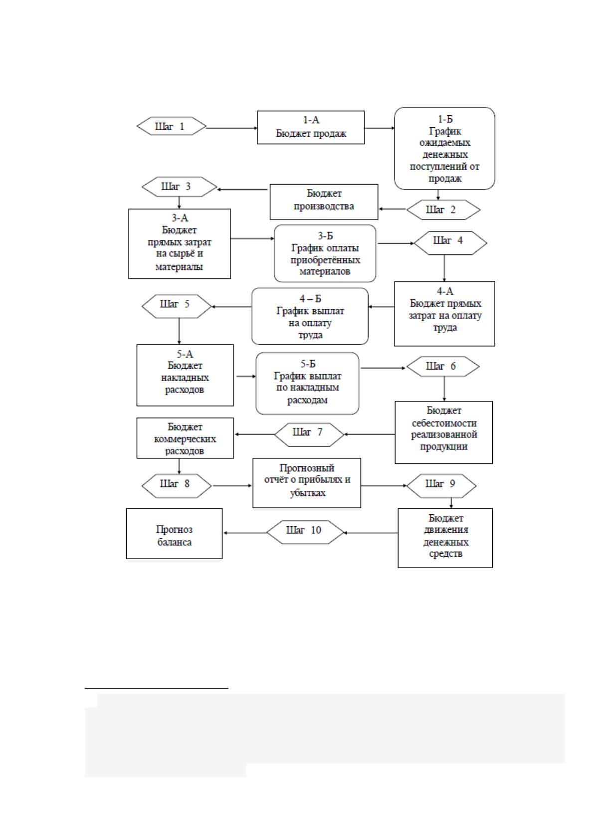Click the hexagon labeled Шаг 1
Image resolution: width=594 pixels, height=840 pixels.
[172, 126]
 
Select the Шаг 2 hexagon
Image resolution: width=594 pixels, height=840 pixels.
[443, 210]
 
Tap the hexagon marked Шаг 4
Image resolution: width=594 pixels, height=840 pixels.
[450, 243]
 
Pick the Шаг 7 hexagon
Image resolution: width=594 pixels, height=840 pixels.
[309, 434]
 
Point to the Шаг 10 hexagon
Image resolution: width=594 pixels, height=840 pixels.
[305, 532]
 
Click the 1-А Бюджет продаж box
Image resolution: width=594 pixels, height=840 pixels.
[311, 127]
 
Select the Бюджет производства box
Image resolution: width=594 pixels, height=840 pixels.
[324, 202]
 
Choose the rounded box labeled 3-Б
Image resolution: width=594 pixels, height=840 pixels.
[325, 253]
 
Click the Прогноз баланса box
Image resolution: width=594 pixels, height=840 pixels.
[174, 534]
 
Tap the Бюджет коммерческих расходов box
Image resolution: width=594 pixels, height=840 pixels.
[185, 438]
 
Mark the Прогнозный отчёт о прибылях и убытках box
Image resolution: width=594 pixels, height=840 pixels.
[307, 483]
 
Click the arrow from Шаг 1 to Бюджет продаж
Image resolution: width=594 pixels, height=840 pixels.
[232, 128]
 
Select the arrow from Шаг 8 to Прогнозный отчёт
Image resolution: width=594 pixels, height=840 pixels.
[232, 486]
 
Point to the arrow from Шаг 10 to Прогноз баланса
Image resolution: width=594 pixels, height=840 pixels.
[245, 533]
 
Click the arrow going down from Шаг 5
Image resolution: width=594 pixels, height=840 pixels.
[179, 331]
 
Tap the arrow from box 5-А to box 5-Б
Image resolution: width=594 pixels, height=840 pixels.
[246, 376]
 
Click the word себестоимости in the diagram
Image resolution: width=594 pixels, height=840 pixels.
[444, 423]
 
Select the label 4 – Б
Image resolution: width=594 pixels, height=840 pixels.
[310, 298]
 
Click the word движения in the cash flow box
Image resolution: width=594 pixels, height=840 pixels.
[445, 530]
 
